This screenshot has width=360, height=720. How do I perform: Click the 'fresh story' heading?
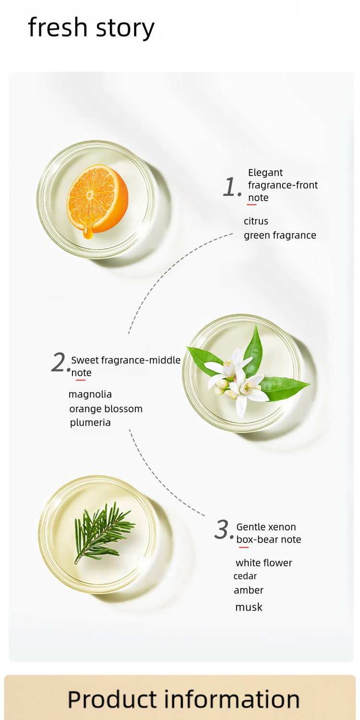[91, 28]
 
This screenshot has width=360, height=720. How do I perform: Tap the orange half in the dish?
[97, 198]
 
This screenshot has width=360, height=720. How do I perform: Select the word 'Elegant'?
[265, 173]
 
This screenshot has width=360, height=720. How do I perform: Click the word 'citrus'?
[256, 221]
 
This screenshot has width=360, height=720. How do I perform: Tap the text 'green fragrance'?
[280, 236]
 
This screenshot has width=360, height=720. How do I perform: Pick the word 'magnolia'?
[90, 395]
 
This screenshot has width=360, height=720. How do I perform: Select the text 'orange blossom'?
[106, 409]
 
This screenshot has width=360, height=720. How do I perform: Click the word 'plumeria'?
[90, 423]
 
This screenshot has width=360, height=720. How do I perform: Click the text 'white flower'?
[264, 563]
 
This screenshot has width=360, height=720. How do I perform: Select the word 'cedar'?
[245, 576]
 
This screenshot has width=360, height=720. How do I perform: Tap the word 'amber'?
[249, 590]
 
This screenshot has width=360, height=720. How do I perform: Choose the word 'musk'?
[249, 607]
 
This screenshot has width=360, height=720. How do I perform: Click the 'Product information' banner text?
[183, 699]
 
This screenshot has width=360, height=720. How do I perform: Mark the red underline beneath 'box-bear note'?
[244, 547]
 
